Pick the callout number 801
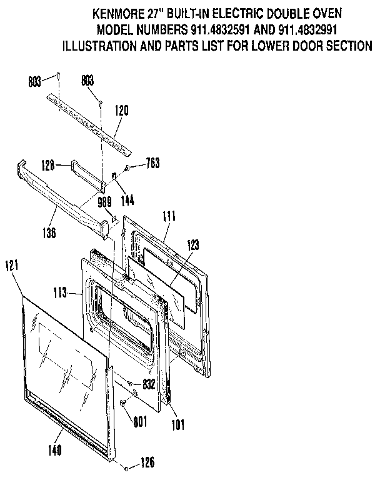(139, 421)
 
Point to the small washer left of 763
(127, 167)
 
